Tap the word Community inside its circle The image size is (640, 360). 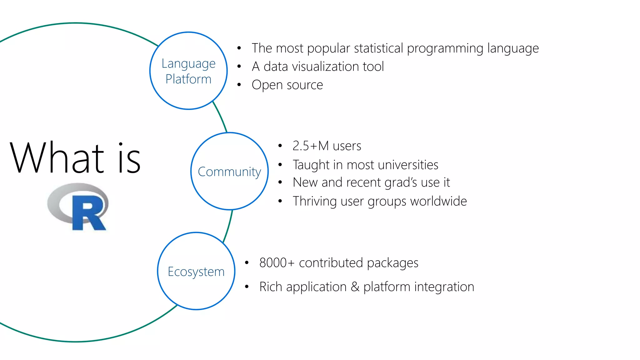click(229, 172)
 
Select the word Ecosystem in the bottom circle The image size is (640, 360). click(196, 272)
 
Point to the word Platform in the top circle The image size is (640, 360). click(188, 79)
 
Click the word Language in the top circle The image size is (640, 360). click(188, 64)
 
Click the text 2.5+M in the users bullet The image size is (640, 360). click(311, 146)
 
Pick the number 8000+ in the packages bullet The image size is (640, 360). click(277, 263)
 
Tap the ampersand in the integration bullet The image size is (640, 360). click(355, 287)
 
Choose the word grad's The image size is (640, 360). click(401, 182)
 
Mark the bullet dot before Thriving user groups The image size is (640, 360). click(280, 201)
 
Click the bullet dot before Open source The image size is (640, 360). click(239, 85)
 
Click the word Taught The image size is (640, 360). click(311, 165)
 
